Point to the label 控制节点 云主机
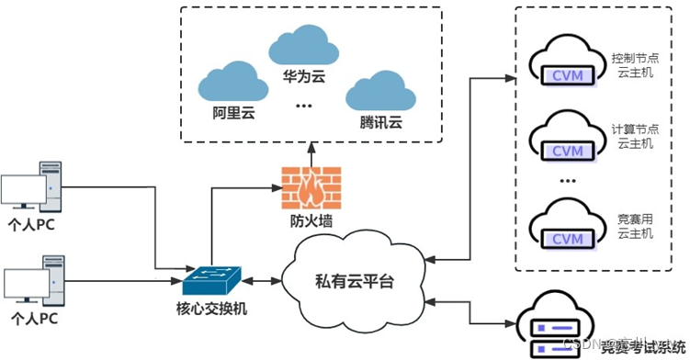coord(635,65)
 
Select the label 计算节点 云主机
coord(635,137)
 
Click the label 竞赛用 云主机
coord(635,226)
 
